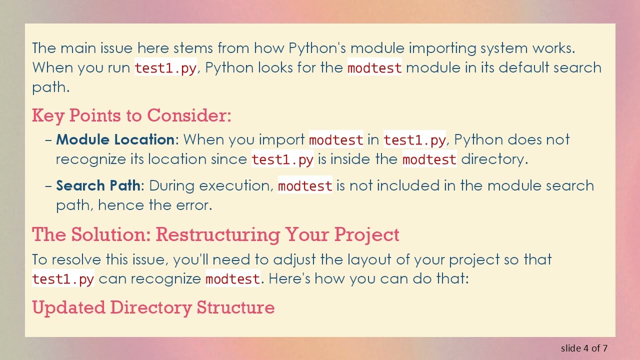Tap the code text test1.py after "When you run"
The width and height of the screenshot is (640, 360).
165,68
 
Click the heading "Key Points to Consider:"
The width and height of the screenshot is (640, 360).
131,115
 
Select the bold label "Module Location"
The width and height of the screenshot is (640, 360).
115,139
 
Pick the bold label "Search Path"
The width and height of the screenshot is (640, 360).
98,185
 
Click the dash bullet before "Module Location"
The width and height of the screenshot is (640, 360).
48,139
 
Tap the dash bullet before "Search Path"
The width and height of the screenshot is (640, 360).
48,185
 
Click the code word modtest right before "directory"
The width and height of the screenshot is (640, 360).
429,159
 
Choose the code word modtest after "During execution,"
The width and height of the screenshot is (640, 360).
305,186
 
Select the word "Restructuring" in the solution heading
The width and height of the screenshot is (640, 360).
217,234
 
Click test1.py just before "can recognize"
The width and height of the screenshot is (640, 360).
63,279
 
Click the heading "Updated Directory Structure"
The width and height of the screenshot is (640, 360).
153,307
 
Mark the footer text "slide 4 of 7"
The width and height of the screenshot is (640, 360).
584,348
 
